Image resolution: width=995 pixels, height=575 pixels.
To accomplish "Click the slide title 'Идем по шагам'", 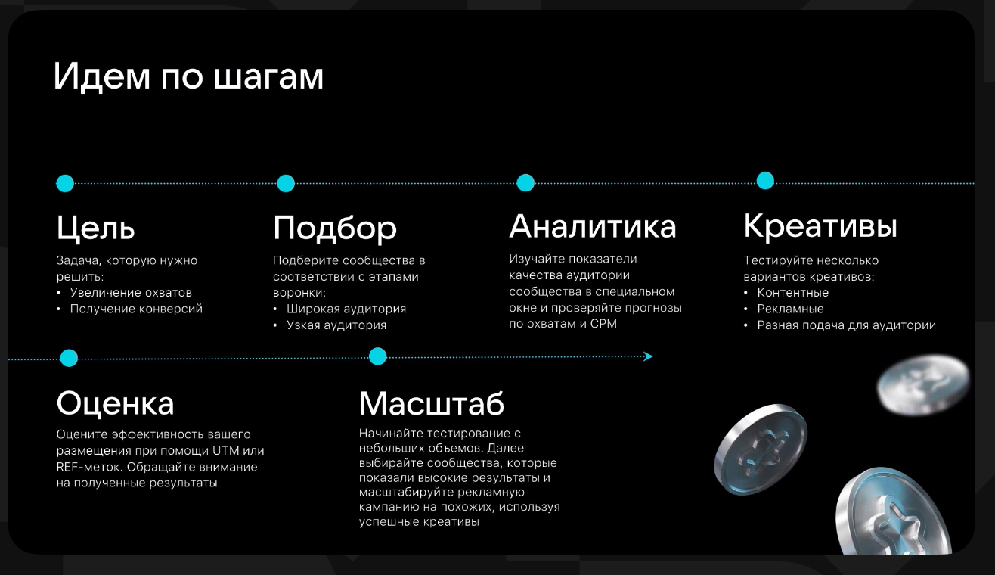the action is [x=188, y=76].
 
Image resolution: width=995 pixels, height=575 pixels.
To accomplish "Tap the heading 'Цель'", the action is [x=95, y=228].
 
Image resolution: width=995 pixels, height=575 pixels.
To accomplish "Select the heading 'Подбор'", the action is [x=334, y=228].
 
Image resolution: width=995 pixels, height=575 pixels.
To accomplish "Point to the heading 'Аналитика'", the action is [x=593, y=226].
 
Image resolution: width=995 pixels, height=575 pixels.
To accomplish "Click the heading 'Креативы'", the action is [x=820, y=226].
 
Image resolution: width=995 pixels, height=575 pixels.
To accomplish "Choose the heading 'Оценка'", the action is [x=115, y=403].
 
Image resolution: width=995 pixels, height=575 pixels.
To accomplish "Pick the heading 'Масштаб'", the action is [x=431, y=403].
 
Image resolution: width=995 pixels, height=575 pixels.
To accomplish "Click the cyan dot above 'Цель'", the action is [x=65, y=184].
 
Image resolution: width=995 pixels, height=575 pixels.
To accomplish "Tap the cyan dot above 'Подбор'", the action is [x=286, y=184].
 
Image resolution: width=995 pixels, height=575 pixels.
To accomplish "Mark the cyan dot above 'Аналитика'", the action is [x=525, y=182].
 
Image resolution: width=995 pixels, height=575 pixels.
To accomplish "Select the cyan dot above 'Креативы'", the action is [x=765, y=181].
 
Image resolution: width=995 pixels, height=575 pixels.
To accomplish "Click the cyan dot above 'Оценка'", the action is [x=69, y=358].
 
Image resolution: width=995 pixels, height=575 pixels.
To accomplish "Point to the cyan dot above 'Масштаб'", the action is [x=377, y=356].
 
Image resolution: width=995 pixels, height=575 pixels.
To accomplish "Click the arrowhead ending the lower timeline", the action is [x=648, y=356].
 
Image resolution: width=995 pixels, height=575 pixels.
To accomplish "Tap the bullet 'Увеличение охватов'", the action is [x=131, y=292].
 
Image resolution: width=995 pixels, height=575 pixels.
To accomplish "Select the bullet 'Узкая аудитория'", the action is [x=336, y=325].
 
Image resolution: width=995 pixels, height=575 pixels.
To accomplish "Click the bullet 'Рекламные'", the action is [x=790, y=309].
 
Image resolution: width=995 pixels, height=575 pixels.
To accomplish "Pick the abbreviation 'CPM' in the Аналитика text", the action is [x=603, y=324].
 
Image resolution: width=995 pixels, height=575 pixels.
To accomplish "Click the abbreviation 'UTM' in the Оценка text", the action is [x=225, y=451].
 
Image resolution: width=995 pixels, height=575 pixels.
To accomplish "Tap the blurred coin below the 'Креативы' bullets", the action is [x=923, y=384].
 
